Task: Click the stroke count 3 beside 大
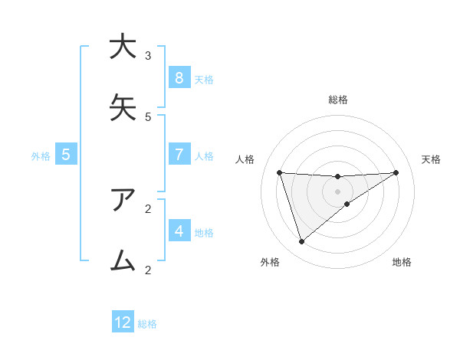[x=148, y=56]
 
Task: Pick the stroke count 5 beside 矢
[x=148, y=117]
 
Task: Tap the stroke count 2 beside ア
[x=148, y=208]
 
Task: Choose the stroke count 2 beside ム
[x=148, y=270]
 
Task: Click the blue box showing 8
[x=179, y=78]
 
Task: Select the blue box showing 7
[x=179, y=155]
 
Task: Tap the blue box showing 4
[x=179, y=231]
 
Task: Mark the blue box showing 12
[x=123, y=322]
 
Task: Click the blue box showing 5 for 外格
[x=66, y=155]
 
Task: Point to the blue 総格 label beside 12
[x=147, y=324]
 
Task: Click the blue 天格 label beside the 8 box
[x=203, y=80]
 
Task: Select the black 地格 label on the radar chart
[x=402, y=263]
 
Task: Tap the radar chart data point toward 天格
[x=396, y=172]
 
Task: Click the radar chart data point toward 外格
[x=301, y=242]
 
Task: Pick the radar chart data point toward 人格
[x=279, y=172]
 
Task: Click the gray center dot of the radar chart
[x=337, y=191]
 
